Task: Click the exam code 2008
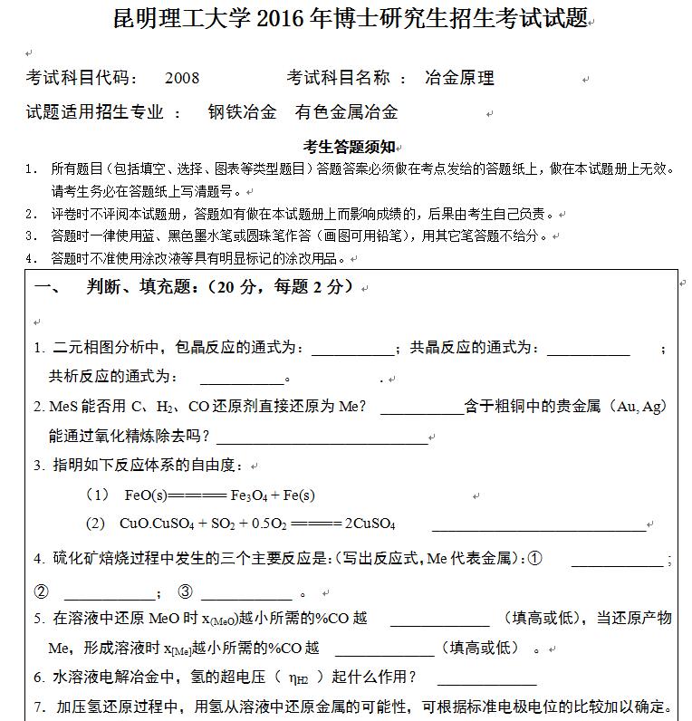click(x=182, y=79)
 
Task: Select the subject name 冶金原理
click(x=459, y=79)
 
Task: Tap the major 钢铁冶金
click(x=242, y=112)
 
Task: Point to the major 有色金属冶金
click(x=347, y=112)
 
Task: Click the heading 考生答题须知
click(x=348, y=147)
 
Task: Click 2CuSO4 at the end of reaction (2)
click(x=370, y=524)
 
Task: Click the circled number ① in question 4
click(x=534, y=559)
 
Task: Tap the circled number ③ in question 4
click(x=186, y=593)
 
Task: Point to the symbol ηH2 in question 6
click(x=298, y=678)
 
